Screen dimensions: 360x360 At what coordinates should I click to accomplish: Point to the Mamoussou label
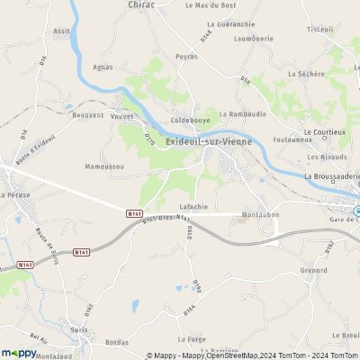click(x=105, y=166)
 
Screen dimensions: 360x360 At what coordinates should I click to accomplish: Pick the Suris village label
click(x=77, y=329)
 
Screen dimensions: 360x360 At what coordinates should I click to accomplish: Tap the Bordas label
click(x=117, y=342)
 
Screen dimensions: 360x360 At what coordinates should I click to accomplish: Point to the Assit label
click(x=61, y=31)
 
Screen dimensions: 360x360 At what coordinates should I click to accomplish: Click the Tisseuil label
click(x=319, y=29)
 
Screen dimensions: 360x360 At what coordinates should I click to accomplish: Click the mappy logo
click(x=19, y=353)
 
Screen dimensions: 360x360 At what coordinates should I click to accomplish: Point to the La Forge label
click(x=192, y=339)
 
